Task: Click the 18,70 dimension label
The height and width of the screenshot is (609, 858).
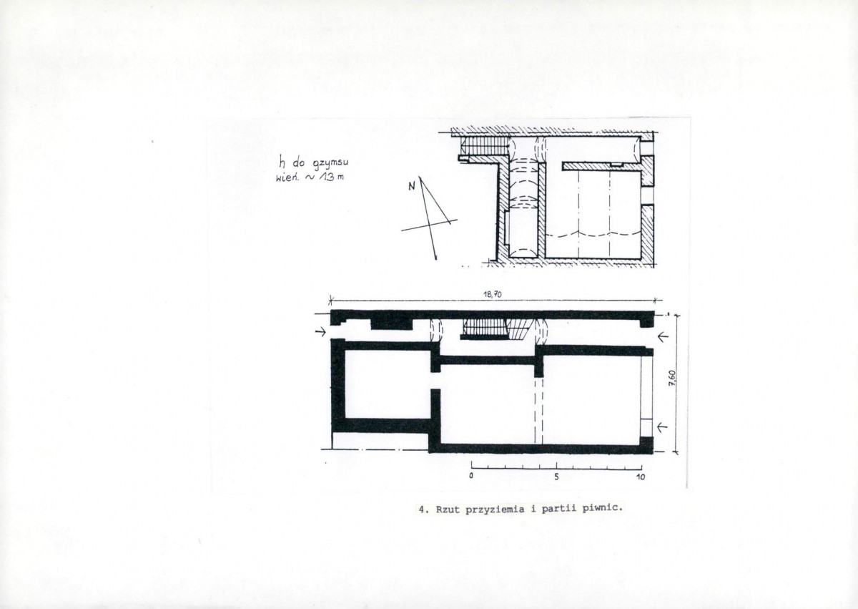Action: [493, 295]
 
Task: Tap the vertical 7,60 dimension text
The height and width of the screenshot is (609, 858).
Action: [673, 379]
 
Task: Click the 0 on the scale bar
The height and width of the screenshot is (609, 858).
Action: [470, 476]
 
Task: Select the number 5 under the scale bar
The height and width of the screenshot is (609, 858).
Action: [556, 477]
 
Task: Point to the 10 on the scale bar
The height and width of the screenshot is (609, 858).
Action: [641, 477]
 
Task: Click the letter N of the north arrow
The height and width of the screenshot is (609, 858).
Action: [412, 187]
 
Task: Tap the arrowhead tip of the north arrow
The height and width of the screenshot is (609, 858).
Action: [436, 260]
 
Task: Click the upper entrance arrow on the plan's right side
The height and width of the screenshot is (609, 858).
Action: [663, 337]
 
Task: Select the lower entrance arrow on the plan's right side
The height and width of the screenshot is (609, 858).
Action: [663, 427]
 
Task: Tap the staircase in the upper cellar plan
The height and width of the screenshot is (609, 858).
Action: [485, 147]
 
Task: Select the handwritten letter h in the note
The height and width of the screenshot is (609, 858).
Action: [282, 164]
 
